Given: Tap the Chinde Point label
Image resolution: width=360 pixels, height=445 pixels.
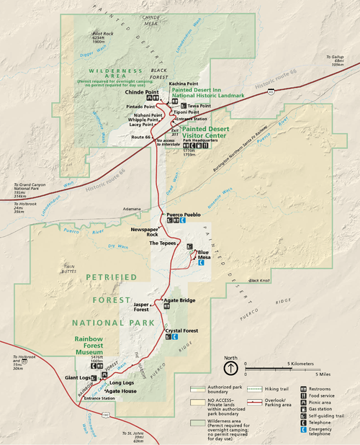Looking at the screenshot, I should (x=141, y=92).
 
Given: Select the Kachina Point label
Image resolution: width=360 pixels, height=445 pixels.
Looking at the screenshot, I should (x=182, y=84).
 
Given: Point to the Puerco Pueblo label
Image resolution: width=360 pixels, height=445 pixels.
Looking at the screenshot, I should (x=184, y=215).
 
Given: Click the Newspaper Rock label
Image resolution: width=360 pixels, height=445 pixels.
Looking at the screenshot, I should (x=143, y=230).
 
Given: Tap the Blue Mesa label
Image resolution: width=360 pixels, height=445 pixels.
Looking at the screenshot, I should (x=203, y=254).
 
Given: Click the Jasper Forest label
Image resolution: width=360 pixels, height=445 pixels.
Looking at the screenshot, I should (x=141, y=307).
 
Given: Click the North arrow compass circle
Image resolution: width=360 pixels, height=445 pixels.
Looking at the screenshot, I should (x=230, y=369).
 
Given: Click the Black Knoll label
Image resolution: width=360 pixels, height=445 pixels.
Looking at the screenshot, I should (x=259, y=280).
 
